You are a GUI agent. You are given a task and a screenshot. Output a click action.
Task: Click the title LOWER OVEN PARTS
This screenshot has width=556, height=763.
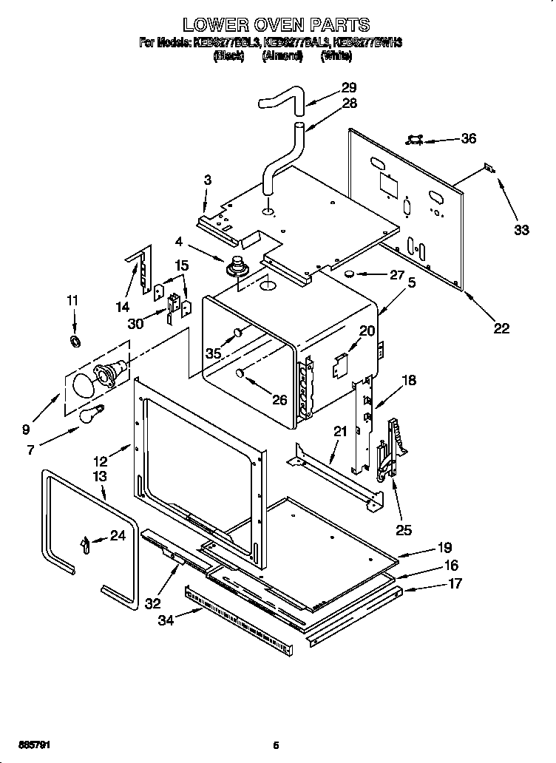(277, 26)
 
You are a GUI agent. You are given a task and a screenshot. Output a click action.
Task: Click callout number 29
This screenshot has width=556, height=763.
(349, 87)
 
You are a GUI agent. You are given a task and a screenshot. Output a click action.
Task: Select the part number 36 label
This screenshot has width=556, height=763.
(468, 138)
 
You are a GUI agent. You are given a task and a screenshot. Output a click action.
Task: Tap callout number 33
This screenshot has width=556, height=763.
(521, 230)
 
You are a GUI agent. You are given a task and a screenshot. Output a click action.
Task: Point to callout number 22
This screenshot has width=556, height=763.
(501, 328)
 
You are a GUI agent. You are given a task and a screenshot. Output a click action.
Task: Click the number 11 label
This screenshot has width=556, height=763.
(72, 300)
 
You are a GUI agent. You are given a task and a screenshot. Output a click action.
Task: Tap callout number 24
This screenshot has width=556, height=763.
(118, 536)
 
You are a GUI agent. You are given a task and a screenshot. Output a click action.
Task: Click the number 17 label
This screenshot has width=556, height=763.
(455, 583)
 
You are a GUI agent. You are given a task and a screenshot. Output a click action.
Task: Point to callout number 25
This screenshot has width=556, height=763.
(404, 529)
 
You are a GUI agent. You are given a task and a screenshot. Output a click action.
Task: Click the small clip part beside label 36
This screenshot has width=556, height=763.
(416, 139)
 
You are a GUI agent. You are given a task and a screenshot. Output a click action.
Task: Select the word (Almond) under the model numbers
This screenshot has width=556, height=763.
(282, 56)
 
